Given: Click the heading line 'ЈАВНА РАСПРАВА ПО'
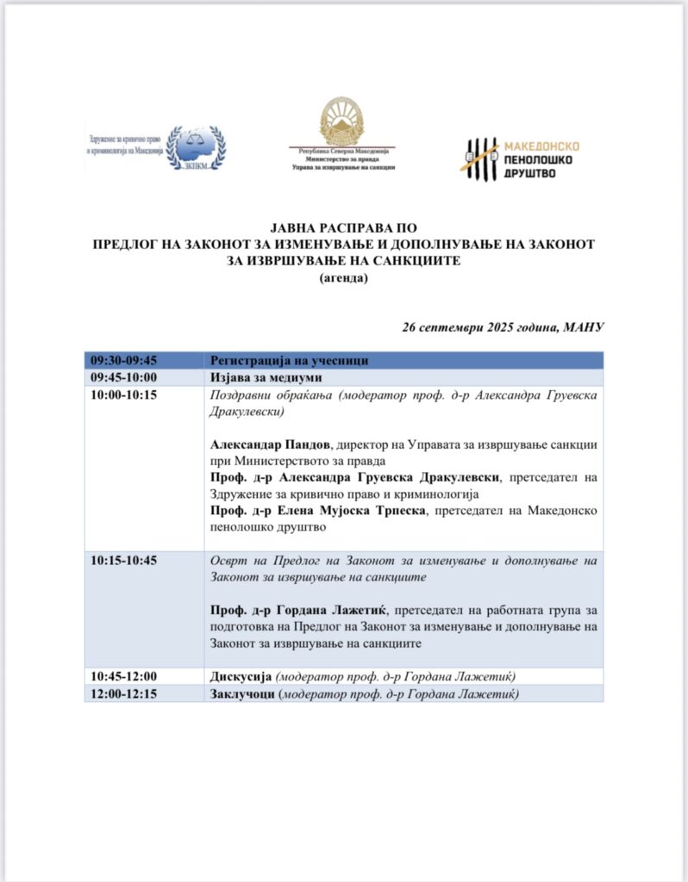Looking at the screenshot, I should (344, 228).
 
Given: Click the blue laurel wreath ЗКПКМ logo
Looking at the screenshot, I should (195, 146).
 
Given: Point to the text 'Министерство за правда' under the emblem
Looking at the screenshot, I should (342, 158).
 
